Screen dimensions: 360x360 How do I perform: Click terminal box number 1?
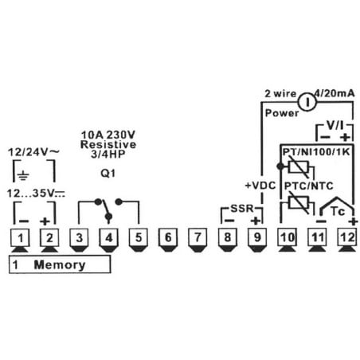[20, 237]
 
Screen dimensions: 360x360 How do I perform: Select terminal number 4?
[109, 237]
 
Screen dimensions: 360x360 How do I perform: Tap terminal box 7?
[198, 237]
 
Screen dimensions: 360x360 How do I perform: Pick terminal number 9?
[257, 237]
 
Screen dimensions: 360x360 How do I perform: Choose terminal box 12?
[347, 237]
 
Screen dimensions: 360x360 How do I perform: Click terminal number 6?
[168, 237]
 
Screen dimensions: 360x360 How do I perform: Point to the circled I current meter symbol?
[307, 102]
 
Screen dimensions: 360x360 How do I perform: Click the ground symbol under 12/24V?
[23, 175]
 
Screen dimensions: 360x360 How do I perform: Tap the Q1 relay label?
[108, 174]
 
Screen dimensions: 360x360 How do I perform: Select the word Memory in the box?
[60, 265]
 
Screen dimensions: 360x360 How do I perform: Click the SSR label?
[242, 209]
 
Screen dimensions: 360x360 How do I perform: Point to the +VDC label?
[260, 186]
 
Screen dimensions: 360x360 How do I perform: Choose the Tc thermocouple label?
[338, 212]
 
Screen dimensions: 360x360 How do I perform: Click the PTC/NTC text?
[309, 186]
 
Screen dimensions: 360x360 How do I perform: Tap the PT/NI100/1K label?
[316, 152]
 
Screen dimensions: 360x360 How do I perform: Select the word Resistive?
[108, 145]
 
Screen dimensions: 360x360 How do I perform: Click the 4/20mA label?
[335, 93]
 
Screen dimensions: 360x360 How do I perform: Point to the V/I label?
[335, 125]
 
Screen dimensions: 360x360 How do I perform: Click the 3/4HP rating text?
[108, 155]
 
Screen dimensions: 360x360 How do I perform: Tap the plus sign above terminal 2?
[45, 221]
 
